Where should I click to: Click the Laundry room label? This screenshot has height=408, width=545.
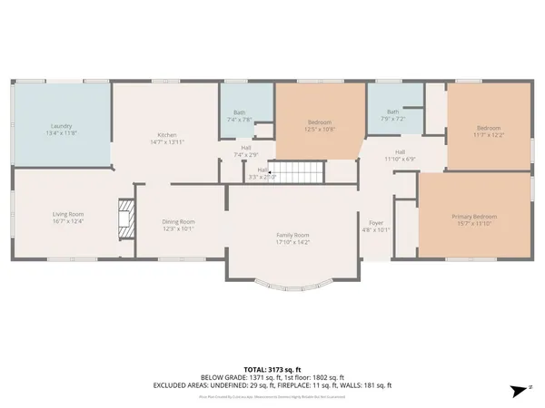click(61, 126)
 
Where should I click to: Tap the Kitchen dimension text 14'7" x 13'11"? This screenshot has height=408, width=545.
click(166, 142)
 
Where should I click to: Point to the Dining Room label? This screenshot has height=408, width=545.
click(178, 222)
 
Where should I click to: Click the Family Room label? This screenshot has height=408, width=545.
click(293, 235)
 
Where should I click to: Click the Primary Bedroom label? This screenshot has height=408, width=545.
click(474, 217)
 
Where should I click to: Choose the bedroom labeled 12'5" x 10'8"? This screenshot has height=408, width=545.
click(319, 125)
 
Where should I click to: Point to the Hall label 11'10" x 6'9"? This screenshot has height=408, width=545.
click(400, 155)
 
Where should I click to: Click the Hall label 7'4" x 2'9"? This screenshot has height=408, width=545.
click(246, 151)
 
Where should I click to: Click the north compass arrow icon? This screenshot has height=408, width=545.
click(517, 390)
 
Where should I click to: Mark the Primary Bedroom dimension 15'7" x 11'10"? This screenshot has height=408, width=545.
click(474, 223)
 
